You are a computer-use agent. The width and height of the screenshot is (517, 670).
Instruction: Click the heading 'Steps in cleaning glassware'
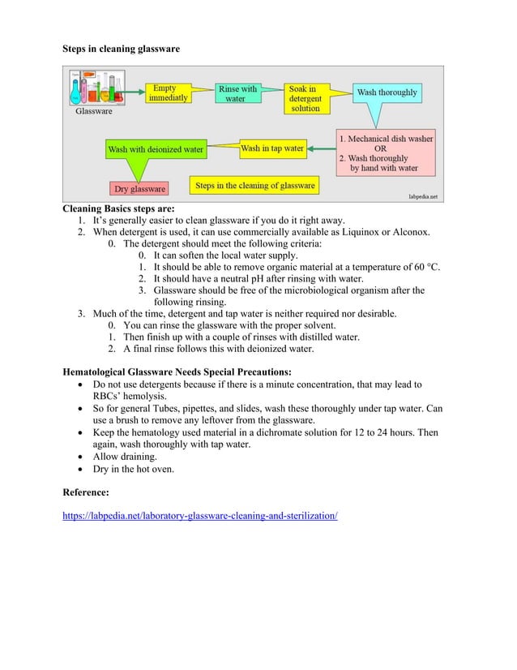[121, 49]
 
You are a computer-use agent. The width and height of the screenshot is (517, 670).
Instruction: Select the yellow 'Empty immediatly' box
[169, 93]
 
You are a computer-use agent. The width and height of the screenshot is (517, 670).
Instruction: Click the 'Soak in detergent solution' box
[305, 98]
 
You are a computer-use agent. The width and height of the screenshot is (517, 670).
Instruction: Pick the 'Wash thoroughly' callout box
[387, 92]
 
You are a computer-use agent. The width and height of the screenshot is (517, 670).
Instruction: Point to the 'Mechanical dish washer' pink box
[385, 153]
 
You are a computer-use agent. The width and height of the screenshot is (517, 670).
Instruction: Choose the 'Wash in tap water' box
[272, 148]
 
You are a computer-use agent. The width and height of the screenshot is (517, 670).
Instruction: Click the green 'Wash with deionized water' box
[156, 150]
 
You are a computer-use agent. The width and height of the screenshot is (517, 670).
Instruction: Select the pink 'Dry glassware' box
[139, 189]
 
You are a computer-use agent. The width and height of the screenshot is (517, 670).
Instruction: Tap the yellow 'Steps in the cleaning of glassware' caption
[254, 186]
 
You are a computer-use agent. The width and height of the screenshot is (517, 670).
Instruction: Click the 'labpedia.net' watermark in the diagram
[421, 196]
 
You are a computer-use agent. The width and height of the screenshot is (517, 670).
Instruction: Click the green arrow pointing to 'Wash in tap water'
[323, 148]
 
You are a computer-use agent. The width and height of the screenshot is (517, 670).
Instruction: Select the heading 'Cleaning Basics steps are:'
[119, 208]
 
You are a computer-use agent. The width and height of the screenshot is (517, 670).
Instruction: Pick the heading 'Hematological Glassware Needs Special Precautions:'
[177, 372]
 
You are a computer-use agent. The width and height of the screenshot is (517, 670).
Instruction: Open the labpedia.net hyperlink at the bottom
[200, 515]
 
